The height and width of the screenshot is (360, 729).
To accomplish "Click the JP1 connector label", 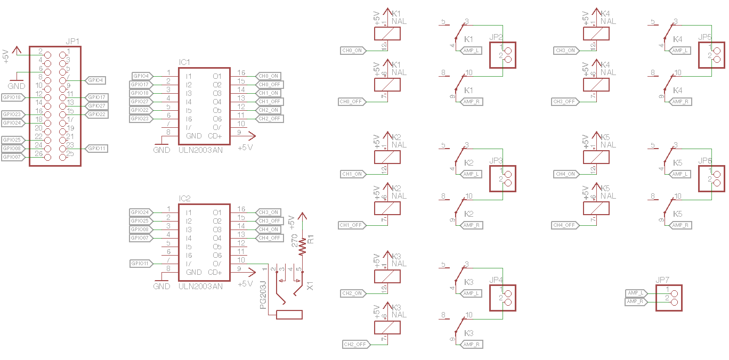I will click(72, 42).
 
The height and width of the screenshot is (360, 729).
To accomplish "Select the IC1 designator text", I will click(185, 62).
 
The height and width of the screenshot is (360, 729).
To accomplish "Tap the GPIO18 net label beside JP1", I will click(12, 97).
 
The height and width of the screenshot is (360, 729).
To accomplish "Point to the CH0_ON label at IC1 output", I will click(269, 76).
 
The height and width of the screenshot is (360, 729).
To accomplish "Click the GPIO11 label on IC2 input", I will click(140, 264).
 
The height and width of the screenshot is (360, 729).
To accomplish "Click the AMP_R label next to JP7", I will click(635, 302).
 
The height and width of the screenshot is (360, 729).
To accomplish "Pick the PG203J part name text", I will click(263, 296).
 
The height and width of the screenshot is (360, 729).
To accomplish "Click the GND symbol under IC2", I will click(161, 281).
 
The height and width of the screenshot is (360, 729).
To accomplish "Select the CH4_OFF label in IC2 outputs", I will click(270, 238).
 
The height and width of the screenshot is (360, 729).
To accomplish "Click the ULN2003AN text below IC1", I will click(201, 150).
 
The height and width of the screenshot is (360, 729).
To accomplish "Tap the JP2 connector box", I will click(503, 55).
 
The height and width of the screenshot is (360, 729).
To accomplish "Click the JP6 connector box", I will click(712, 178).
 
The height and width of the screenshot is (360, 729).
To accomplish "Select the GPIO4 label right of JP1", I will click(96, 80).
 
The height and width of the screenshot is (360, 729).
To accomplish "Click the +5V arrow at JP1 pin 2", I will click(17, 50).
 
